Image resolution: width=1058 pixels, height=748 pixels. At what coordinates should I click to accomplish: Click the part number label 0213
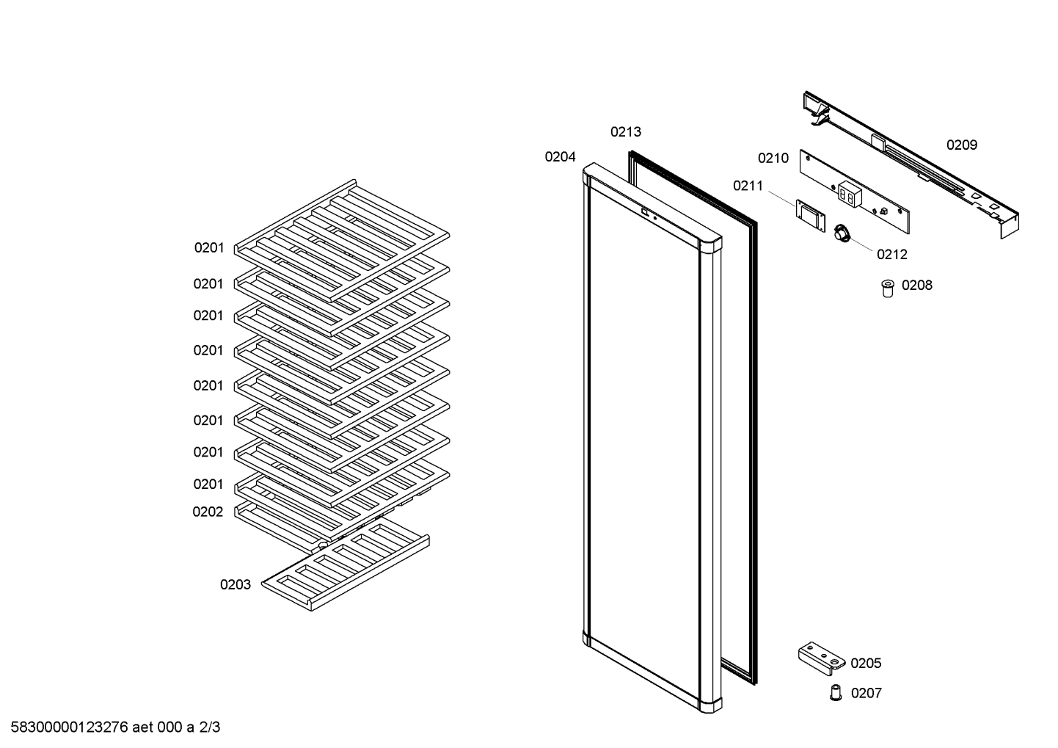pyautogui.click(x=625, y=132)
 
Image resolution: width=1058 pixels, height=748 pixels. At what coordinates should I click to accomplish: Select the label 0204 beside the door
pyautogui.click(x=560, y=157)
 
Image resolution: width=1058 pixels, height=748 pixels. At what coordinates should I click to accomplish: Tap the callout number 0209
pyautogui.click(x=962, y=145)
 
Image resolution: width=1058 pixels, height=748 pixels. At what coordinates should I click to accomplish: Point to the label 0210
pyautogui.click(x=773, y=159)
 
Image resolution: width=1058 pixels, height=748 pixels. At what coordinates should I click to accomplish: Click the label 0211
pyautogui.click(x=748, y=186)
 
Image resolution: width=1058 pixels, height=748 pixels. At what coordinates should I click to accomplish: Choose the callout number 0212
pyautogui.click(x=891, y=255)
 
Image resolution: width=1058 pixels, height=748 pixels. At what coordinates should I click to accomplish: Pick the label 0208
pyautogui.click(x=917, y=286)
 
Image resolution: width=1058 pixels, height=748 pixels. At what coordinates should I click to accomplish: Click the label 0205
pyautogui.click(x=866, y=664)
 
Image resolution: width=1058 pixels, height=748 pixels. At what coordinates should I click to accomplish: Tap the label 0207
pyautogui.click(x=867, y=693)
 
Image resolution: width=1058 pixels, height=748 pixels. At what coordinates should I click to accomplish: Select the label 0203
pyautogui.click(x=236, y=585)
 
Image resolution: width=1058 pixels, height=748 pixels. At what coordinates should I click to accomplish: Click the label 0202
pyautogui.click(x=208, y=512)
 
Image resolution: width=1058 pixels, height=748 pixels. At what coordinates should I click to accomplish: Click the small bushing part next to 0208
pyautogui.click(x=888, y=288)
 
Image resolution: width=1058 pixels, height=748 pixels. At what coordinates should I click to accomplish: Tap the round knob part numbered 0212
pyautogui.click(x=842, y=233)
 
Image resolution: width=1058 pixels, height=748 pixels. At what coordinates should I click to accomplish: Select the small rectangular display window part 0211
pyautogui.click(x=811, y=217)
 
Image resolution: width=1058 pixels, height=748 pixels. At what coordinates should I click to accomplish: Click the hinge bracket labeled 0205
pyautogui.click(x=821, y=658)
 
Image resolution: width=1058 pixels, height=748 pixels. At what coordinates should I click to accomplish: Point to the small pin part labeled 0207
pyautogui.click(x=836, y=692)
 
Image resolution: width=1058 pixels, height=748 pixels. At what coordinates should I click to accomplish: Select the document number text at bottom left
pyautogui.click(x=115, y=727)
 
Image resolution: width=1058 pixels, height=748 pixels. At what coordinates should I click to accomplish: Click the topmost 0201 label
pyautogui.click(x=209, y=247)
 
